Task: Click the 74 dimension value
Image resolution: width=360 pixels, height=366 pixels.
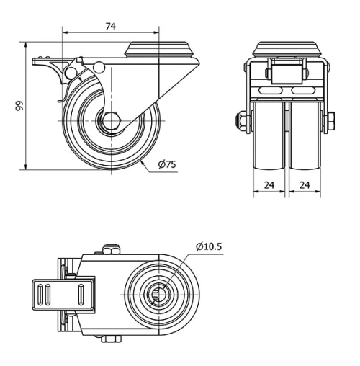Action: pos(110,26)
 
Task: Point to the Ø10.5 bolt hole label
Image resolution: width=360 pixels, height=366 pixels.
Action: pos(209,246)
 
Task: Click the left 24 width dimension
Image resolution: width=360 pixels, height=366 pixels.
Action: pos(270,184)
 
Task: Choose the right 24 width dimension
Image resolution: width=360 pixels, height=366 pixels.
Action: pos(305,184)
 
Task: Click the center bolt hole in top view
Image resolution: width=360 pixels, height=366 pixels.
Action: pos(163,295)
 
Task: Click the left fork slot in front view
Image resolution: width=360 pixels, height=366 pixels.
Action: pos(271,92)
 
